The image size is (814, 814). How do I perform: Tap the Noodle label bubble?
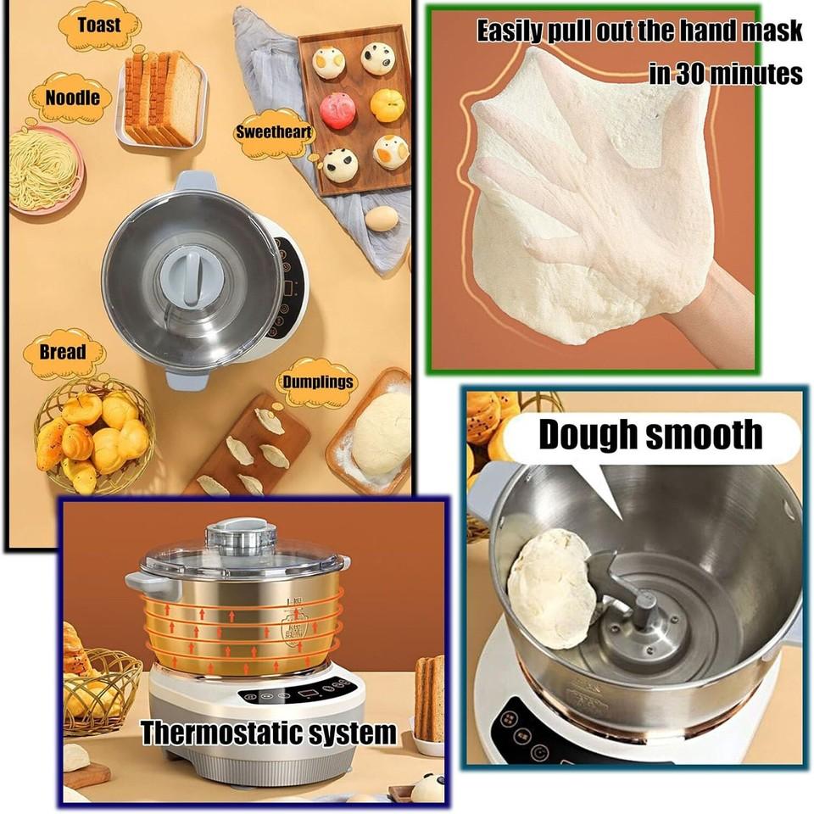pyautogui.click(x=72, y=98)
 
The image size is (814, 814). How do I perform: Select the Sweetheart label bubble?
pyautogui.click(x=273, y=133)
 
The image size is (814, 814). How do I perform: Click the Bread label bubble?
pyautogui.click(x=63, y=352)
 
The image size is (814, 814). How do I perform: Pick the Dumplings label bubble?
pyautogui.click(x=317, y=382)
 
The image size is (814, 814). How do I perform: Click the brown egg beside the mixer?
pyautogui.click(x=382, y=218)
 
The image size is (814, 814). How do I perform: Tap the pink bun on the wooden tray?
pyautogui.click(x=337, y=111)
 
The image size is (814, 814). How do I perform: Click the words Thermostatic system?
pyautogui.click(x=268, y=732)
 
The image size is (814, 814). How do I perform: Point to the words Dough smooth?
pyautogui.click(x=651, y=435)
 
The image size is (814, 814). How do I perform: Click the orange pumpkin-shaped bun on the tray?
pyautogui.click(x=387, y=103)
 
